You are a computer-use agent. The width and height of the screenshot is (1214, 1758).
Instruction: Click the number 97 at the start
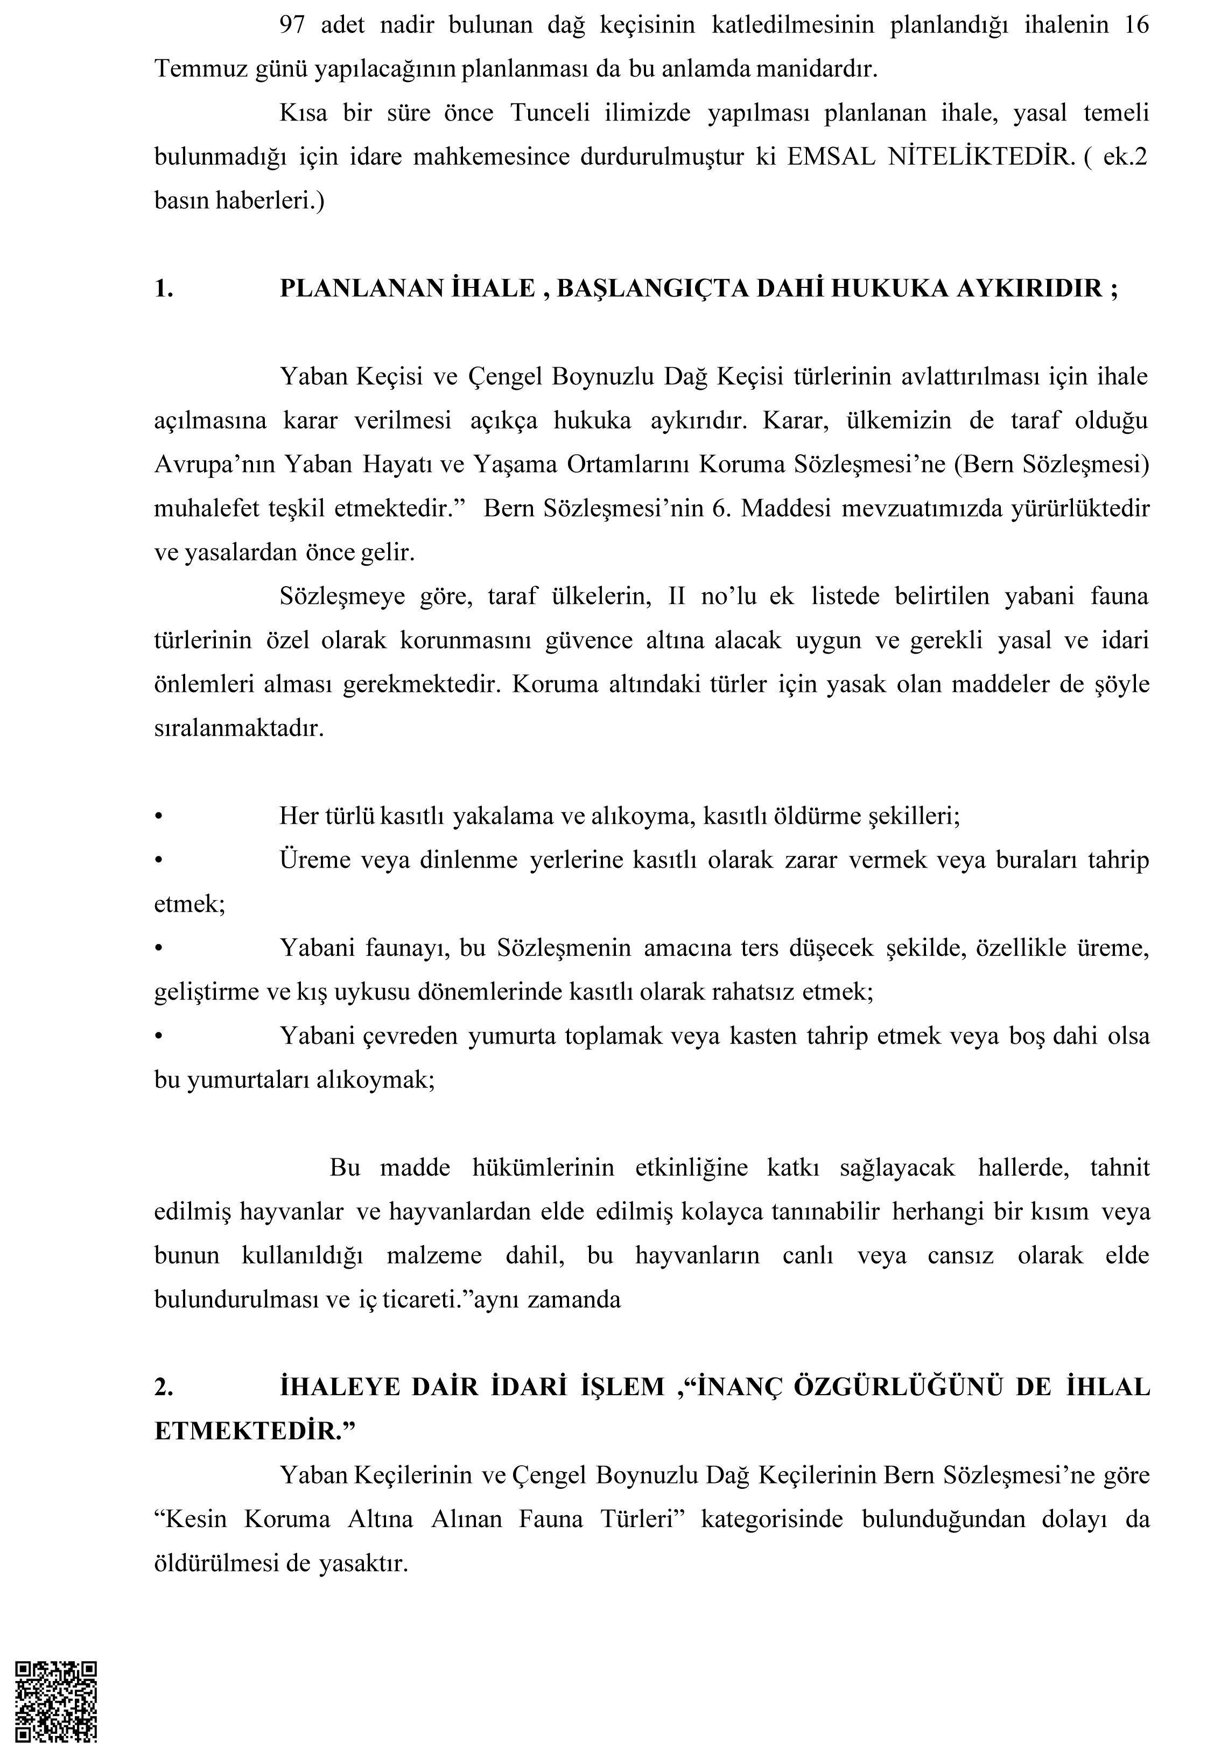point(293,25)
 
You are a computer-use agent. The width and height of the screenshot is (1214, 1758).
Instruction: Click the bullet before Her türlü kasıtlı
point(159,817)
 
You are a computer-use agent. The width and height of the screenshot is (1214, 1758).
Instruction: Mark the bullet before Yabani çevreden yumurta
point(159,1036)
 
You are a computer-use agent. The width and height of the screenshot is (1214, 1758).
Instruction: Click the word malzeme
point(433,1255)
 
